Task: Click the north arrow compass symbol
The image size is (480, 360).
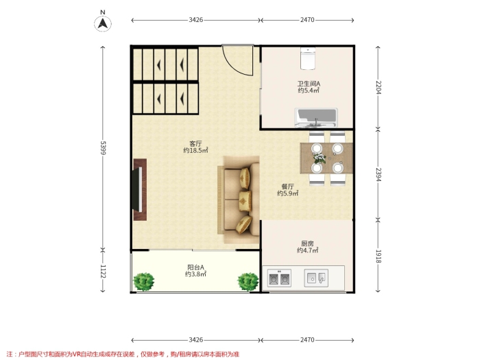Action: click(x=103, y=23)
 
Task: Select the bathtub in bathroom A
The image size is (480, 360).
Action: click(x=316, y=117)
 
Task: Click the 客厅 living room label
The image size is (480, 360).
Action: click(x=195, y=143)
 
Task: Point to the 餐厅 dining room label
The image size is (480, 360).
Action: click(x=287, y=187)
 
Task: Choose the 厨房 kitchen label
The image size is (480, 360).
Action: click(x=307, y=243)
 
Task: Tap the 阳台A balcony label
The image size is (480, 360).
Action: click(x=195, y=267)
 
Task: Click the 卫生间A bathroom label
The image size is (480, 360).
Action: click(x=309, y=84)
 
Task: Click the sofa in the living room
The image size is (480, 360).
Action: click(x=239, y=200)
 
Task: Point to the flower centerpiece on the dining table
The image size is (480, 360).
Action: click(x=320, y=158)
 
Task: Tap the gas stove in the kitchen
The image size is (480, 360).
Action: click(x=279, y=278)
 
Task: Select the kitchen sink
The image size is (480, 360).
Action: click(x=316, y=278)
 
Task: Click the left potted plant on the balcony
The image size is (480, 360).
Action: click(x=143, y=282)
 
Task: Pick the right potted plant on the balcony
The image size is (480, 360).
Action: click(x=248, y=282)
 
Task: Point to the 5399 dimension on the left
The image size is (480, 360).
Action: click(x=103, y=148)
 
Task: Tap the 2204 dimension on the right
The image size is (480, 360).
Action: click(x=379, y=87)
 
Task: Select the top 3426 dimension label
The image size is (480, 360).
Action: click(x=195, y=20)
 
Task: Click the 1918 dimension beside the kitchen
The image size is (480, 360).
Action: click(x=379, y=256)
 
